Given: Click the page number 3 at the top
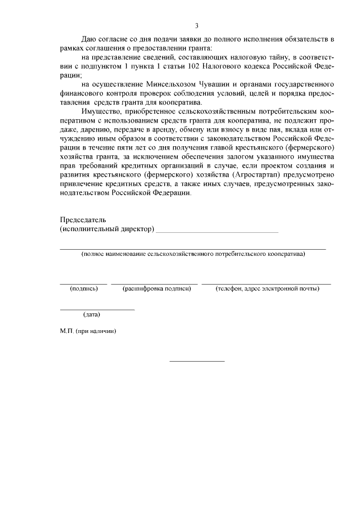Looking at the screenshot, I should [x=197, y=26].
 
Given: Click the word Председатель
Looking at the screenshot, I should [x=83, y=220].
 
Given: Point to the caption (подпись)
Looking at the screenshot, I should [x=84, y=289].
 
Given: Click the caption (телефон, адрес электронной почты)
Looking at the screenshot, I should [x=267, y=289].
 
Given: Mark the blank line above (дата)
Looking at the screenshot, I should [x=97, y=309].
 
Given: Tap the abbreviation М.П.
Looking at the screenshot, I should [x=67, y=331].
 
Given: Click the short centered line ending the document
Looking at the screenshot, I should [x=197, y=361].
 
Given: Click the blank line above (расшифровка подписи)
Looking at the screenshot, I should [x=155, y=283].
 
